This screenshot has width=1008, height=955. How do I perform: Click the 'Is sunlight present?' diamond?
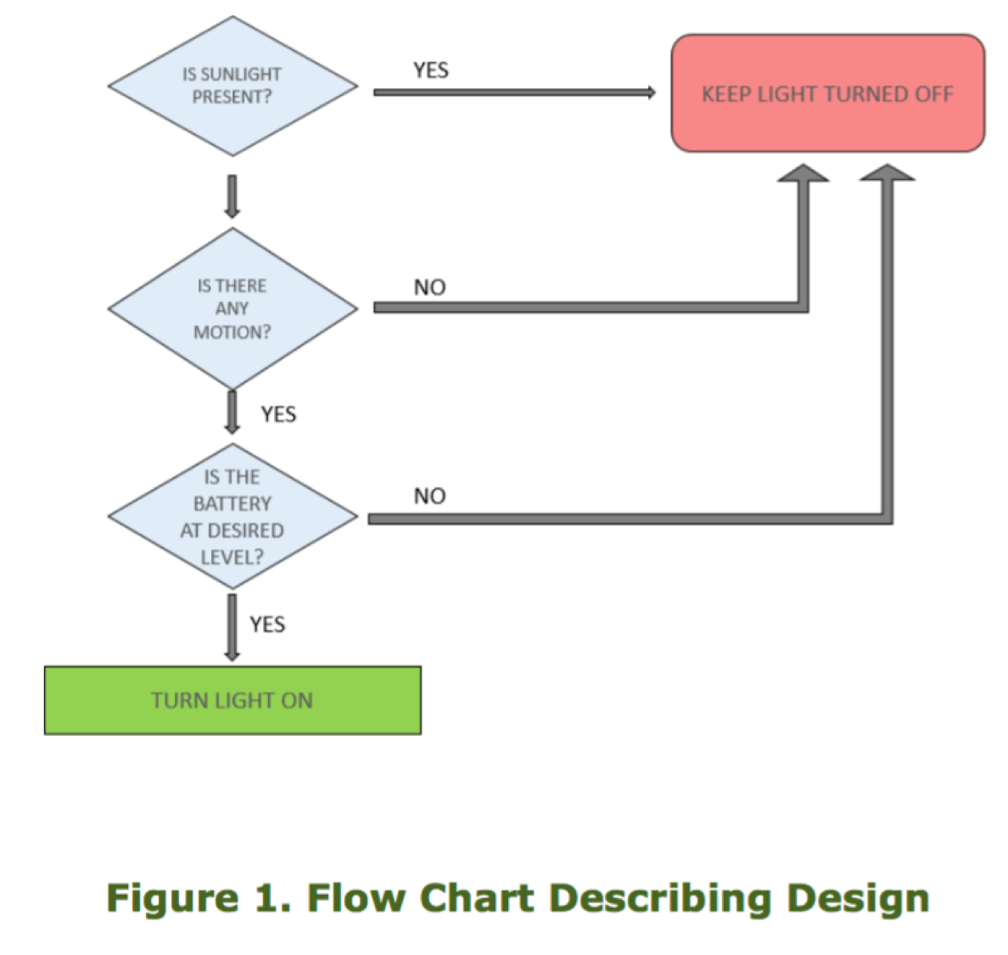[x=232, y=86]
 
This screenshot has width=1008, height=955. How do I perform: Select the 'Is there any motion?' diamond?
[x=232, y=308]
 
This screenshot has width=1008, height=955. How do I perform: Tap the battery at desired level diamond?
[x=232, y=516]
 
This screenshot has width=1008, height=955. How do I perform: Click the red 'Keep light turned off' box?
[x=827, y=93]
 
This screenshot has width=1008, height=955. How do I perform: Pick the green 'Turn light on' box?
[x=232, y=700]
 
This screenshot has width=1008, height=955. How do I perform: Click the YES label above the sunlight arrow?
[x=431, y=70]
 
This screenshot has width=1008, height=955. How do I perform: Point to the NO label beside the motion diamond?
[x=429, y=288]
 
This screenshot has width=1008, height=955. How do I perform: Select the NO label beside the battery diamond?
[x=429, y=497]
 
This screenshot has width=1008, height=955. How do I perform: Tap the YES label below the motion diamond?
[x=278, y=414]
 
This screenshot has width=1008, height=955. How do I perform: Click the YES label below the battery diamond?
[x=267, y=625]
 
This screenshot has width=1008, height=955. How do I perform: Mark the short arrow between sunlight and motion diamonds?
[x=232, y=196]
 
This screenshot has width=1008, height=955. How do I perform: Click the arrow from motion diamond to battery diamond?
[x=232, y=412]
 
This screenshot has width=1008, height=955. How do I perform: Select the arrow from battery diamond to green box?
[x=232, y=626]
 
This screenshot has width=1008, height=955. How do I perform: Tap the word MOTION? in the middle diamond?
[x=232, y=332]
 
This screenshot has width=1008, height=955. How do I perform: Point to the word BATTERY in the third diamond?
[x=232, y=504]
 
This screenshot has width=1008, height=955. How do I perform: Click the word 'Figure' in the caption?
[x=172, y=898]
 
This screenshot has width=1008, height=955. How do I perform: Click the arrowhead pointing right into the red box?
[x=650, y=93]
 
